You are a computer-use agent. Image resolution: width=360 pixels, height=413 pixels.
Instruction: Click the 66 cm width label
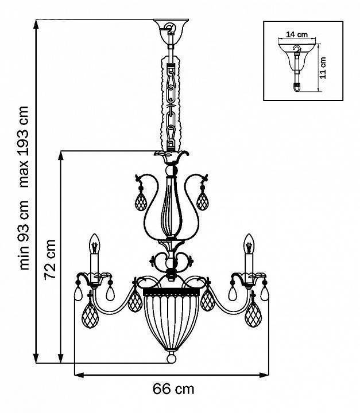point(173,389)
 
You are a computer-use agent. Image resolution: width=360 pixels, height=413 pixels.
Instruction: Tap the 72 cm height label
point(50,260)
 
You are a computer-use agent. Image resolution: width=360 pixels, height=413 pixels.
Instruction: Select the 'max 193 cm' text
point(23,146)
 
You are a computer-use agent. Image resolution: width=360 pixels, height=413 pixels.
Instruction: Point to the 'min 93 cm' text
point(23,235)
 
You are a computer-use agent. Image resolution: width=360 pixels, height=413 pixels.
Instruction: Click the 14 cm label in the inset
point(297,34)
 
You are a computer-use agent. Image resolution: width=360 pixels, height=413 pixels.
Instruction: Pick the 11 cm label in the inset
point(323,68)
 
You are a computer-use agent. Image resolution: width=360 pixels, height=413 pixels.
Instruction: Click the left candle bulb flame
point(94,244)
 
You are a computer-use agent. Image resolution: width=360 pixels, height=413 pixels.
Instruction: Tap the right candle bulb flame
point(249,244)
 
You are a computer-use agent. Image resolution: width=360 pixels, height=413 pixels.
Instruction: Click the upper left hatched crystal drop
point(140,201)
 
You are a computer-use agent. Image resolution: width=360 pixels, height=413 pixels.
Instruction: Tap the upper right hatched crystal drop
point(203,201)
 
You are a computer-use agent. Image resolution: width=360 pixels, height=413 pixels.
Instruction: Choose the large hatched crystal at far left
point(90,315)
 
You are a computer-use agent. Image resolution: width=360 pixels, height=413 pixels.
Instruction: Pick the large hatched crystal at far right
point(253,315)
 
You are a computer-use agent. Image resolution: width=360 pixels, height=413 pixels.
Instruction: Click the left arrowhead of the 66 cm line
point(79,375)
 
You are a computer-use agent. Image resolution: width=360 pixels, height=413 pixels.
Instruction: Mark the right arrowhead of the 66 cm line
point(264,375)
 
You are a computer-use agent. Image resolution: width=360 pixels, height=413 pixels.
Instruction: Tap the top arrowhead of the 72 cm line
point(61,155)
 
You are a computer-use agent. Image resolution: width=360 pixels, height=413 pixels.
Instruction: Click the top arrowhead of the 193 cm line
point(36,24)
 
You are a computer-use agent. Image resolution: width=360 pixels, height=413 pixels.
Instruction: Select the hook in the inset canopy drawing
point(297,49)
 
